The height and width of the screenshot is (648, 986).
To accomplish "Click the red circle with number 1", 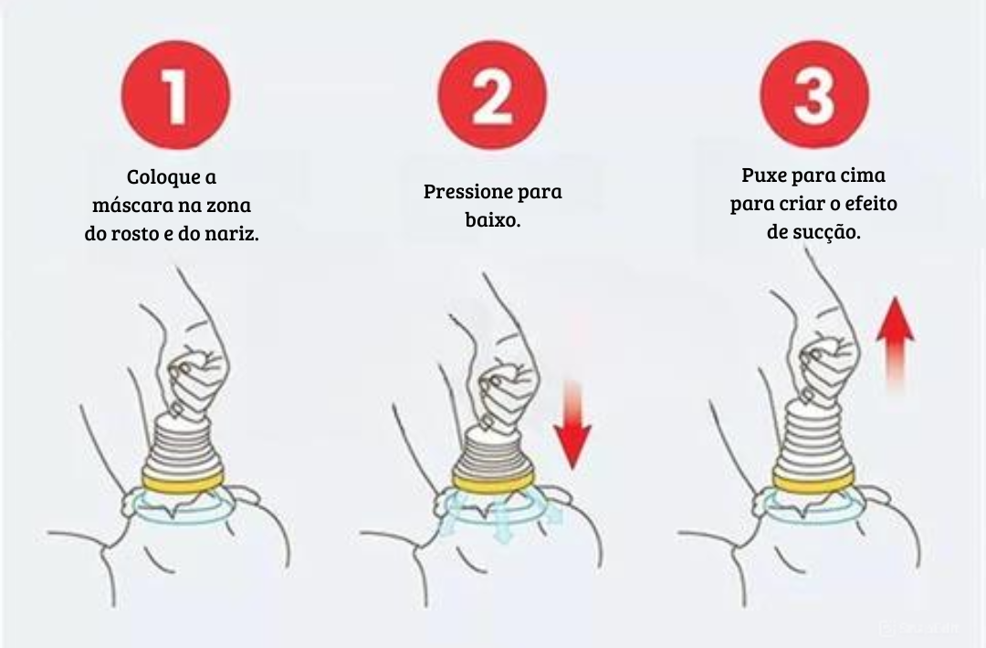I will click(174, 95).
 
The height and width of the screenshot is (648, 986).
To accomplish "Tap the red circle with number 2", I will click(492, 95).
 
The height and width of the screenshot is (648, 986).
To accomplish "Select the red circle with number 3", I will click(813, 95).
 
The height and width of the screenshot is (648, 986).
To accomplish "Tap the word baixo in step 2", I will click(490, 220).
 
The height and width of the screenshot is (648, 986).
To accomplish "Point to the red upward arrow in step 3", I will click(895, 343).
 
